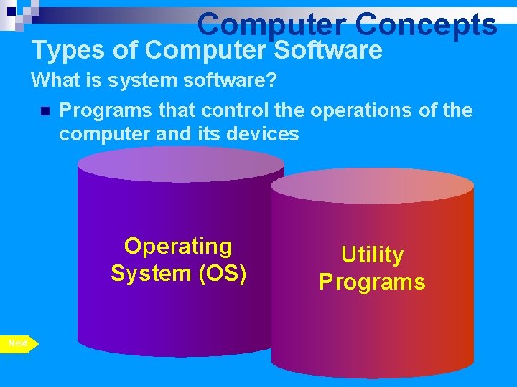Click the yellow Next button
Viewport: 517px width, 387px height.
pos(19,344)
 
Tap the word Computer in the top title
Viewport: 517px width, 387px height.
pos(271,24)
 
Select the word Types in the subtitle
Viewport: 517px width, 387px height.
pos(61,51)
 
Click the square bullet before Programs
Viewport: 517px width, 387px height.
pos(45,111)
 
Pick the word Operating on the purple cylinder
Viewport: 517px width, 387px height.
pos(178,247)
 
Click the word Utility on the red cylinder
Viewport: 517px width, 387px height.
pos(372,255)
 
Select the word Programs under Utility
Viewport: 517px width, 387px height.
pos(372,282)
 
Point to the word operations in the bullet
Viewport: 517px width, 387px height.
pos(361,110)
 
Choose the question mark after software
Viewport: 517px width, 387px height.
pos(271,80)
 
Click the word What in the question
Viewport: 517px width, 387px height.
pos(57,80)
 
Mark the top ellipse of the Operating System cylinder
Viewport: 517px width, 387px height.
pos(181,166)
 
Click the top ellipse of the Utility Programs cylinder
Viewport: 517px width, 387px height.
pos(372,186)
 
